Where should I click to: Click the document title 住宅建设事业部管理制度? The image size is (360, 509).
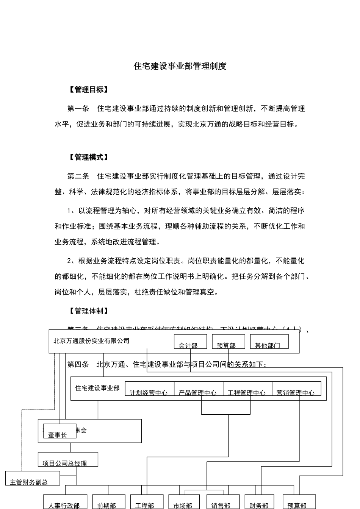pyautogui.click(x=180, y=66)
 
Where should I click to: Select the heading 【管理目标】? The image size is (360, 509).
pyautogui.click(x=89, y=90)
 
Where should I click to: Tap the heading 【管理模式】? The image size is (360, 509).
pyautogui.click(x=89, y=157)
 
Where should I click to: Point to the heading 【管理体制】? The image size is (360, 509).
pyautogui.click(x=89, y=311)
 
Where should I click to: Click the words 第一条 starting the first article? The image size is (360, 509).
pyautogui.click(x=78, y=109)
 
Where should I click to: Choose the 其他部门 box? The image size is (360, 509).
pyautogui.click(x=269, y=342)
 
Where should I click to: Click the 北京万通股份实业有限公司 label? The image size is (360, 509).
pyautogui.click(x=92, y=341)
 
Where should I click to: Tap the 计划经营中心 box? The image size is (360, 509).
pyautogui.click(x=149, y=389)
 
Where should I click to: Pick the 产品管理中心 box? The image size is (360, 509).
pyautogui.click(x=198, y=389)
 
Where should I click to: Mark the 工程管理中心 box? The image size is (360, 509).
pyautogui.click(x=247, y=389)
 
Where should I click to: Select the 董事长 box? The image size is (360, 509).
pyautogui.click(x=59, y=431)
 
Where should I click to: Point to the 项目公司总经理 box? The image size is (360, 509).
pyautogui.click(x=68, y=459)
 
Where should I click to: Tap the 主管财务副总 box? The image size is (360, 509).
pyautogui.click(x=33, y=478)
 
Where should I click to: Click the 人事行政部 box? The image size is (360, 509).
pyautogui.click(x=65, y=502)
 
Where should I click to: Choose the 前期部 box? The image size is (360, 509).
pyautogui.click(x=108, y=502)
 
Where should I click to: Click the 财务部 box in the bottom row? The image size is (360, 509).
pyautogui.click(x=259, y=502)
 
